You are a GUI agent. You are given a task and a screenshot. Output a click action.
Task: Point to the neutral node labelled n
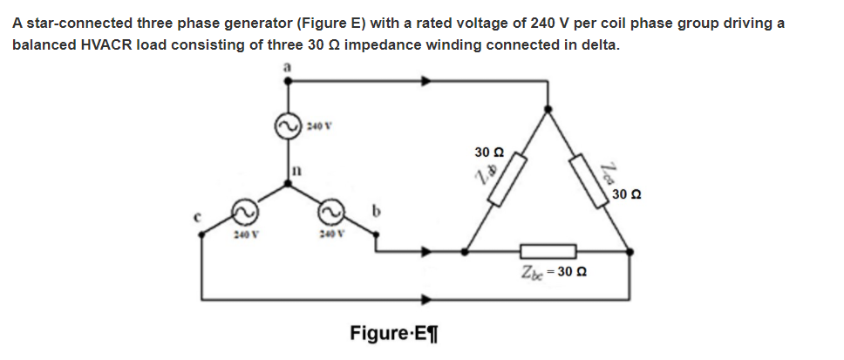(x=289, y=183)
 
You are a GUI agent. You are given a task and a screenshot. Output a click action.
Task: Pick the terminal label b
(x=377, y=210)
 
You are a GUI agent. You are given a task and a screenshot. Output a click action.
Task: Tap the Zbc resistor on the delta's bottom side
(x=548, y=251)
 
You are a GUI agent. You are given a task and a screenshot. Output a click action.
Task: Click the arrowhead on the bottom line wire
(x=427, y=299)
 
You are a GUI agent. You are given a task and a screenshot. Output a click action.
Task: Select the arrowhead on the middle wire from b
(x=427, y=252)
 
